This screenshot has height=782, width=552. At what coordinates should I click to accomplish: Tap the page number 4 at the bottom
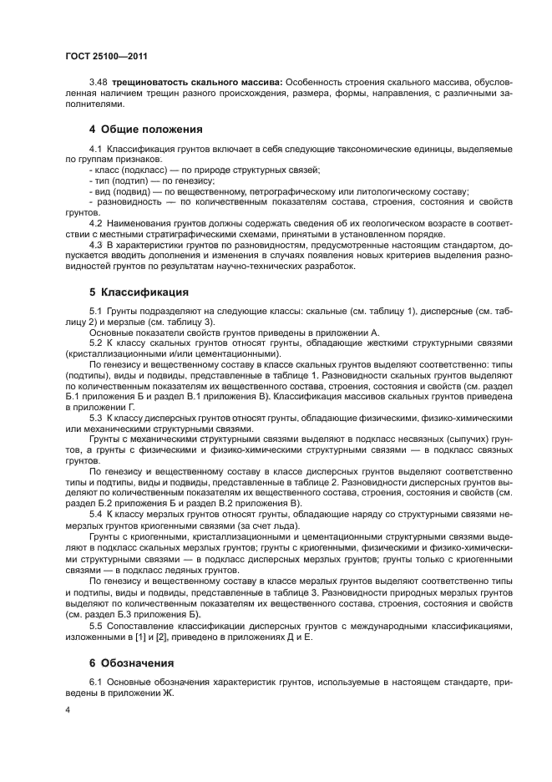pos(68,708)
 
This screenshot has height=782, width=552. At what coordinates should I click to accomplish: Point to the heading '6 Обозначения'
pos(131,663)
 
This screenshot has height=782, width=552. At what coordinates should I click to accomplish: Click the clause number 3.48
pos(99,82)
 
